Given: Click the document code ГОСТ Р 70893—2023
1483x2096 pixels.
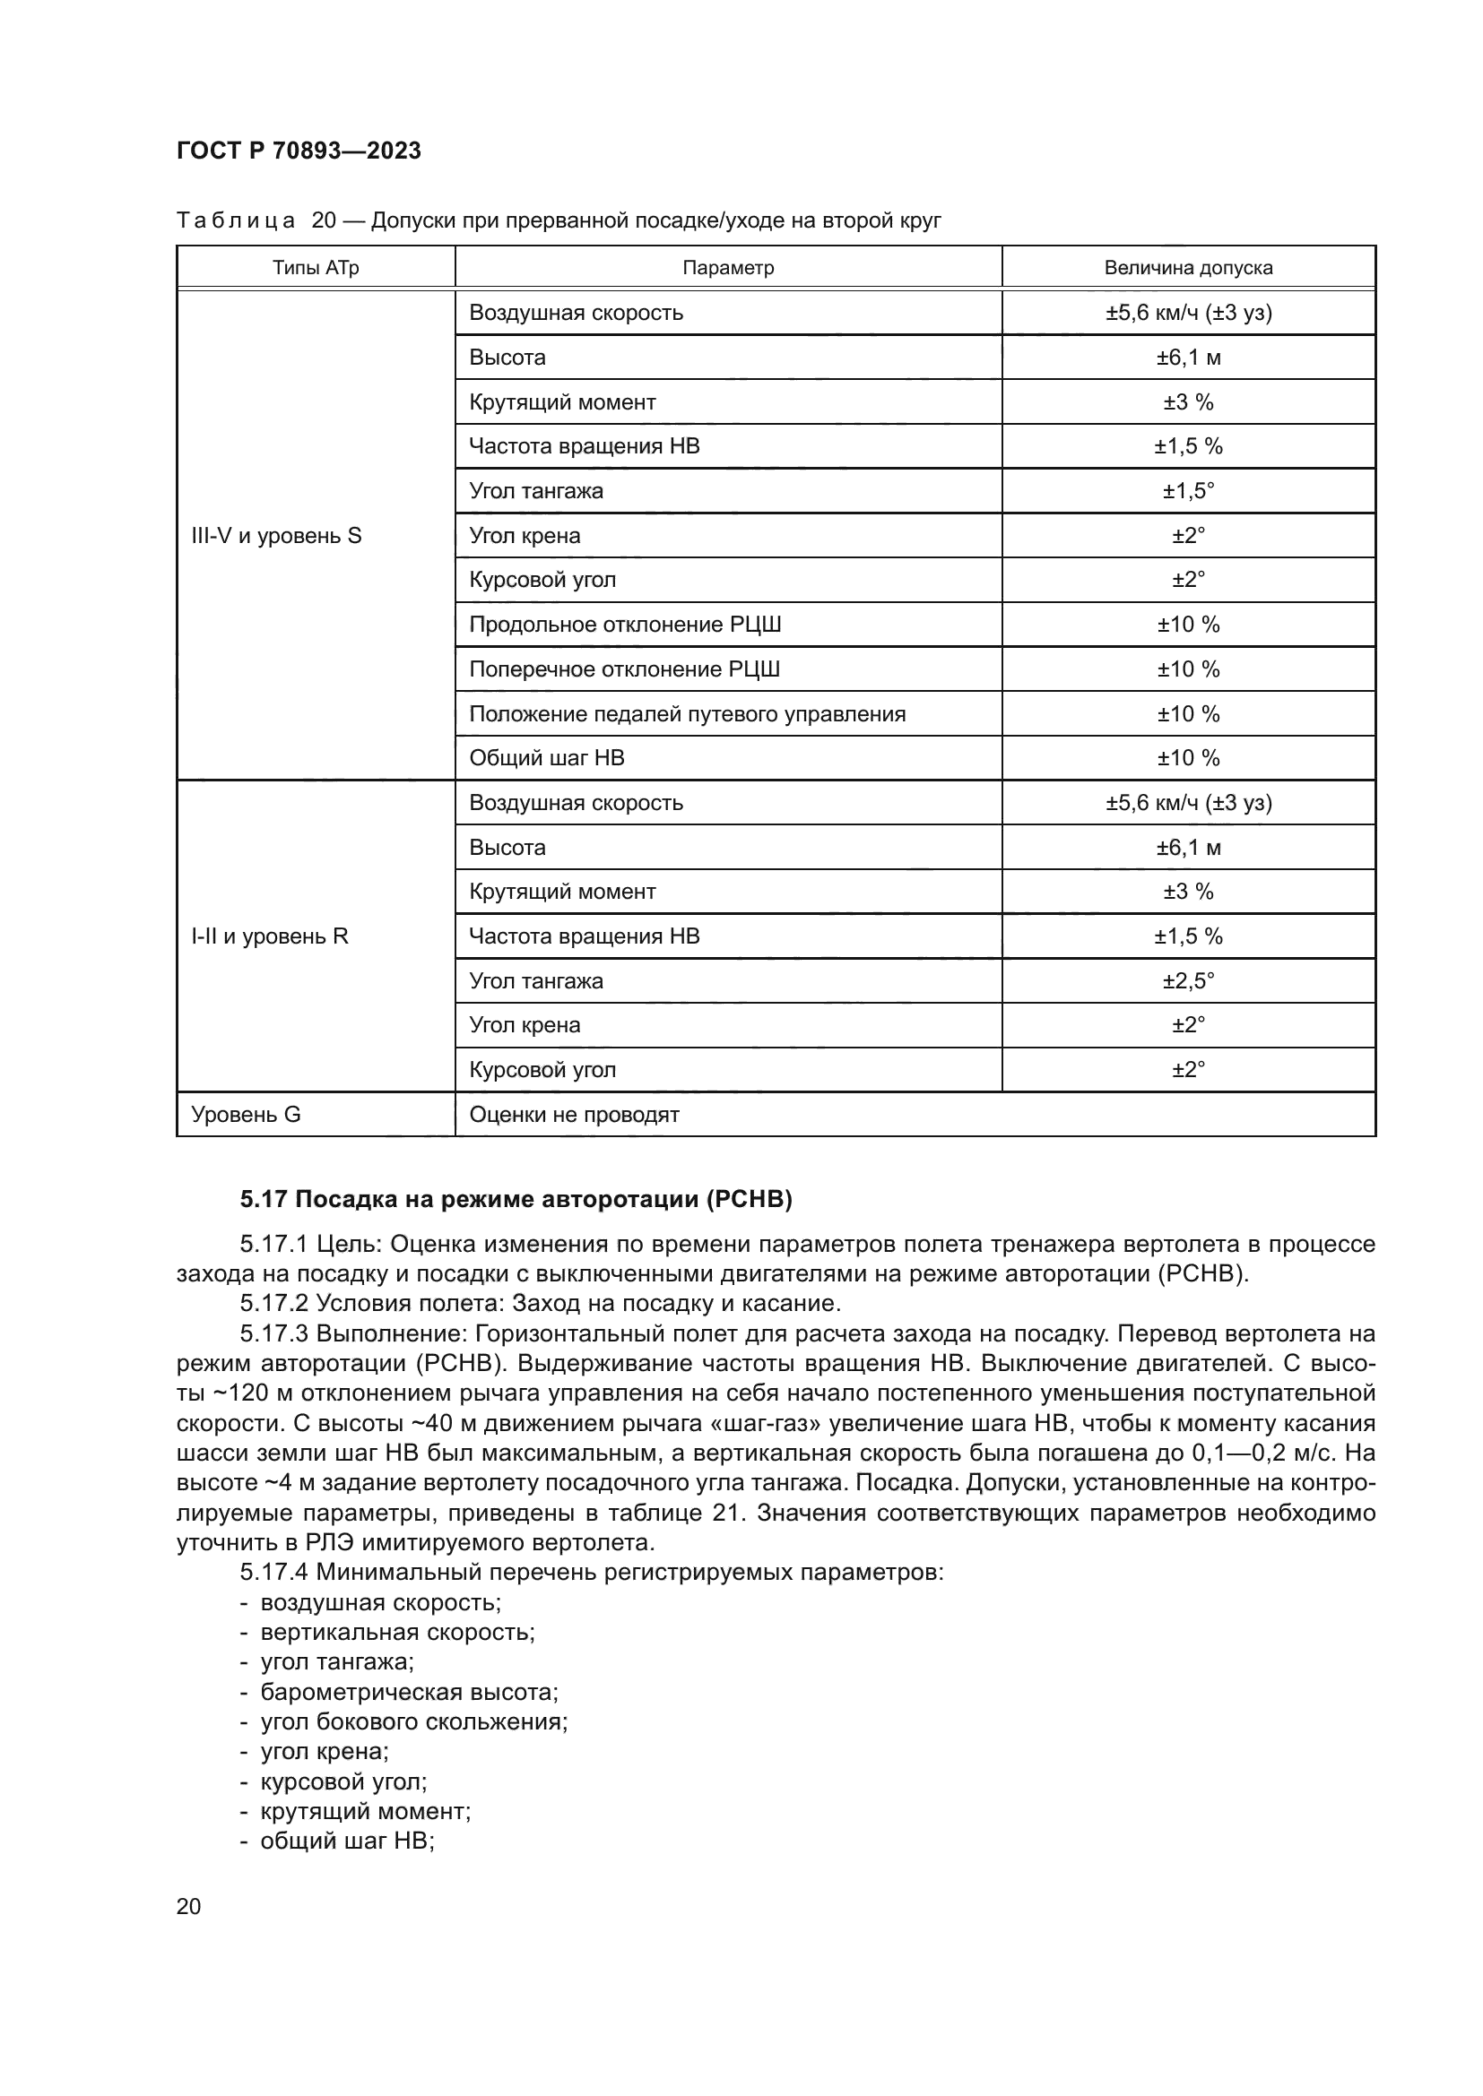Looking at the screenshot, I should pos(299,151).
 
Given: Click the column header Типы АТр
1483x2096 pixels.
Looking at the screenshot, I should pos(315,267).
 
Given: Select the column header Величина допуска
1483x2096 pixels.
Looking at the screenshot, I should pos(1187,267).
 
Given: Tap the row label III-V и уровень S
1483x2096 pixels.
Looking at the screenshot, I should pos(276,536).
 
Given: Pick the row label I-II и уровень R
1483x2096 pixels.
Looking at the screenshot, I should pos(269,936).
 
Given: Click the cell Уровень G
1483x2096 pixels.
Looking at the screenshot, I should pos(246,1114).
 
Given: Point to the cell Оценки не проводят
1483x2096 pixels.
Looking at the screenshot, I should pos(574,1114).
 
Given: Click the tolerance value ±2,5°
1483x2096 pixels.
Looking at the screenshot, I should pos(1187,980).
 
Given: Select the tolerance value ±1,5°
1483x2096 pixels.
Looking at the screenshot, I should pos(1187,491).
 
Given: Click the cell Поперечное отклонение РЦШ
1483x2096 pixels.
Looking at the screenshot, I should pos(624,669).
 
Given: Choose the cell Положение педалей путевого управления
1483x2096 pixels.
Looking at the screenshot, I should pos(687,714).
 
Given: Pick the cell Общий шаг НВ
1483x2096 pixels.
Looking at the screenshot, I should pos(546,758).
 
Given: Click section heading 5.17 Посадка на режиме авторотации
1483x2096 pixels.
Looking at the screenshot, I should pos(516,1199).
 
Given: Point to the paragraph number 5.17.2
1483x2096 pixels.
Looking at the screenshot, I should pos(274,1303).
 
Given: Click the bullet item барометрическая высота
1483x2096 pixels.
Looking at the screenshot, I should pos(409,1692).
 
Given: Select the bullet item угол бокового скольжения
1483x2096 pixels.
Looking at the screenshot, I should pos(413,1721).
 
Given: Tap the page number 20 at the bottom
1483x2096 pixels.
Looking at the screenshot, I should pos(188,1906).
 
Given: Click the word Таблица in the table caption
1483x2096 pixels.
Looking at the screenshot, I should pos(236,220).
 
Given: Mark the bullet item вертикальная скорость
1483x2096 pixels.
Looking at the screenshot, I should pos(397,1632).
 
